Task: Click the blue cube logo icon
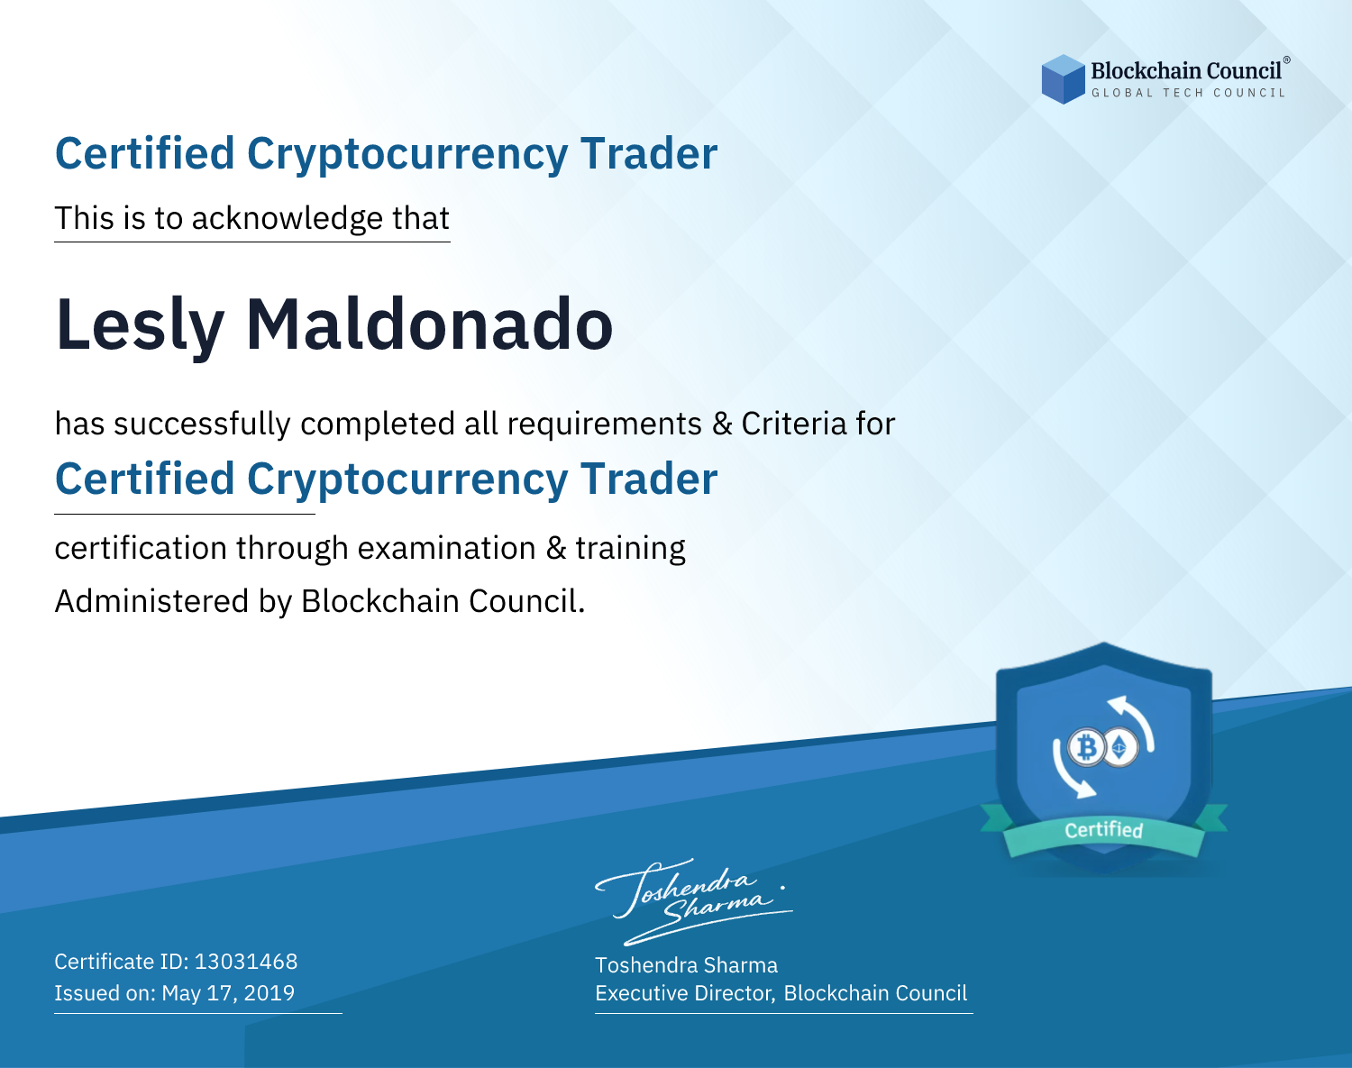(x=1063, y=79)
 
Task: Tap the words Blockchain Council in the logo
(x=1186, y=70)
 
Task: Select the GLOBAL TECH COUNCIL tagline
(x=1188, y=93)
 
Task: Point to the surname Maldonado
(x=429, y=324)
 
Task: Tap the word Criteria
(x=794, y=424)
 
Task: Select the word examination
(x=447, y=548)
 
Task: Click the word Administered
(x=151, y=601)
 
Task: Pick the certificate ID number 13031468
(x=246, y=961)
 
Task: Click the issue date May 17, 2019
(x=228, y=992)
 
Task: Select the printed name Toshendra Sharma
(x=686, y=965)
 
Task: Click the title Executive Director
(x=684, y=993)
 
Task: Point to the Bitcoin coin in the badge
(x=1085, y=748)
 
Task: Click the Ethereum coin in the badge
(x=1119, y=748)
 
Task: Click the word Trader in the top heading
(x=648, y=154)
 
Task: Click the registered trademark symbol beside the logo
(x=1287, y=59)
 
